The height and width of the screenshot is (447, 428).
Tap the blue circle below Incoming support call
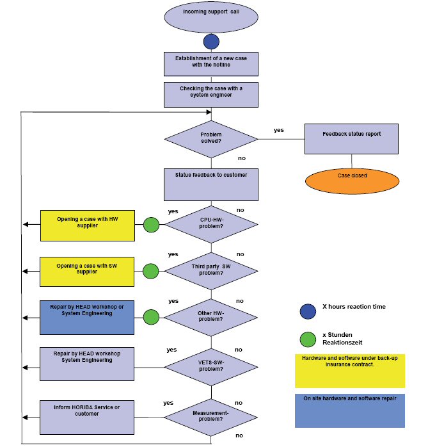211,42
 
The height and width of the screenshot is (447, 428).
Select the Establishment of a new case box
211,63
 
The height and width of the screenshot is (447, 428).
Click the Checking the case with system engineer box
211,94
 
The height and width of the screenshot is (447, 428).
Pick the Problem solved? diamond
211,138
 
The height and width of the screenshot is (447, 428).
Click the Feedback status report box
351,138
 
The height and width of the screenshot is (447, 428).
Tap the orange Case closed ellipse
351,179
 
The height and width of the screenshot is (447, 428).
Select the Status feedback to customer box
211,184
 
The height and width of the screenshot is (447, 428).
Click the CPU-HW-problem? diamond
211,225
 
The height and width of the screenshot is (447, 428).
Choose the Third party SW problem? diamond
211,270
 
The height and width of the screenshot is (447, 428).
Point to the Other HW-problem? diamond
211,316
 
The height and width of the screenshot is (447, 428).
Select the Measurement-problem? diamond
211,417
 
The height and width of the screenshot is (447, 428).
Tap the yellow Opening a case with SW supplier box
88,272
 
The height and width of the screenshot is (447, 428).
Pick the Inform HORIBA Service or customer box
88,417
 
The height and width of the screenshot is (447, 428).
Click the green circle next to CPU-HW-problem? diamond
151,225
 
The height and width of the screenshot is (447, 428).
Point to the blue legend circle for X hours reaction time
308,311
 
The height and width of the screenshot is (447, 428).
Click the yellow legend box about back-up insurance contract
349,371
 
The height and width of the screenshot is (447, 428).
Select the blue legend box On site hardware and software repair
349,410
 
